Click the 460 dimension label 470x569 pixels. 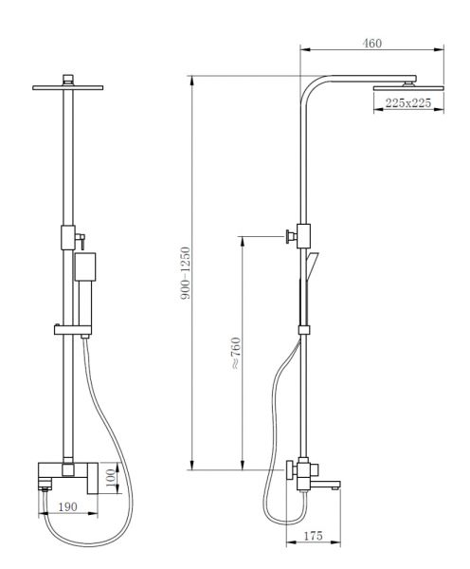(372, 44)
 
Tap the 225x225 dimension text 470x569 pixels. (408, 103)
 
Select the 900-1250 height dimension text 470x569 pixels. (186, 273)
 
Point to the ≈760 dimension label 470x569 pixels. (236, 354)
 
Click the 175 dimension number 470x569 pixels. (313, 535)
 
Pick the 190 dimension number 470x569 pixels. (67, 506)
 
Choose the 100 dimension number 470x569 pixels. (112, 478)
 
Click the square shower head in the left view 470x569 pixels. (68, 87)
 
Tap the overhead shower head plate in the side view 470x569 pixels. (408, 88)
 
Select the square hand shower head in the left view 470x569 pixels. (85, 266)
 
